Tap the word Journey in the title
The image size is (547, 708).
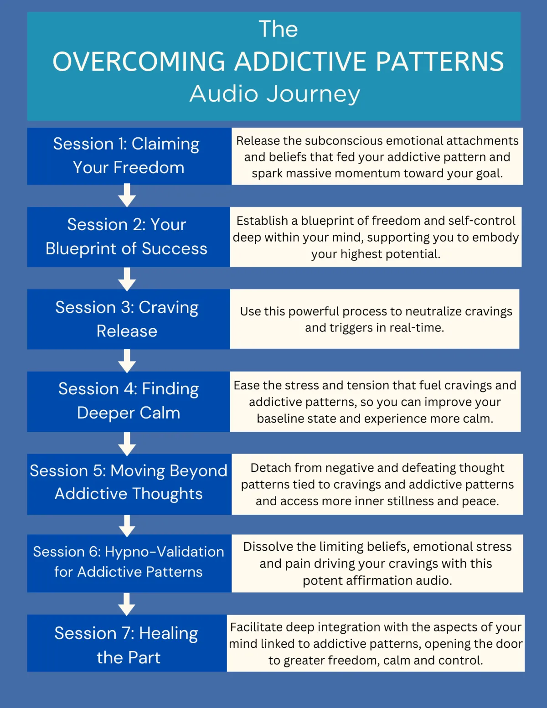point(313,94)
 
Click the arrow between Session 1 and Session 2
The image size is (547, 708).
point(127,196)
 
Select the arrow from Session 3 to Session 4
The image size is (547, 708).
point(127,361)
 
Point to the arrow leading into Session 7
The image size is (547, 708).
point(127,604)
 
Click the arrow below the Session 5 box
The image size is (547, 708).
point(127,526)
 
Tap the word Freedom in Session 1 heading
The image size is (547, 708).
point(149,168)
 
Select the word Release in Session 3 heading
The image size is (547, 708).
point(127,331)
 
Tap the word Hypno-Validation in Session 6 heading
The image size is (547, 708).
point(164,552)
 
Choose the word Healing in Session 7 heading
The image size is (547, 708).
point(168,634)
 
